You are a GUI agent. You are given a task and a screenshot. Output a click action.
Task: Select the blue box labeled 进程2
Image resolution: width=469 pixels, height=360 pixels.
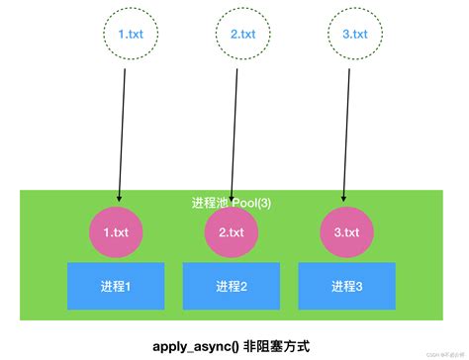click(x=231, y=286)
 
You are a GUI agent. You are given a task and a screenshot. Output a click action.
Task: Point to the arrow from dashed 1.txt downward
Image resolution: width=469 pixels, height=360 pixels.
click(x=123, y=129)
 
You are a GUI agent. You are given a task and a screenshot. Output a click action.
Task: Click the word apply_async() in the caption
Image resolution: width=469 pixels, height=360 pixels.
click(x=194, y=346)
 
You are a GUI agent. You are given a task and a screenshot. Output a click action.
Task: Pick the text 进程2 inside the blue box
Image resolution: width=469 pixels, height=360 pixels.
click(x=231, y=286)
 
